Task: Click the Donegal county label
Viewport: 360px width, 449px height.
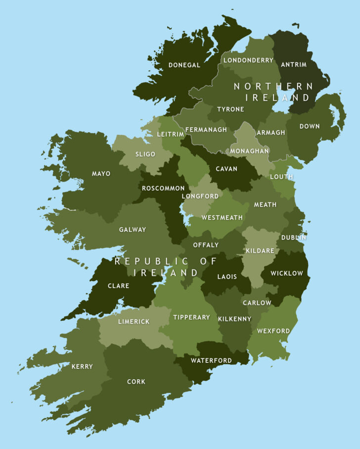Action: tap(184, 65)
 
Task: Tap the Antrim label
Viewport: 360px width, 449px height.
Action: tap(294, 64)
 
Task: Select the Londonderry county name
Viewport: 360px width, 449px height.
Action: tap(248, 60)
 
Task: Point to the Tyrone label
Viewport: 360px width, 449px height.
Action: tap(230, 109)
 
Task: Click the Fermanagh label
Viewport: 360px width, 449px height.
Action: tap(206, 130)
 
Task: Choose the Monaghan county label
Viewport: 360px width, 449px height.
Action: tap(250, 150)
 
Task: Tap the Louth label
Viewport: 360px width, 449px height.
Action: tap(281, 177)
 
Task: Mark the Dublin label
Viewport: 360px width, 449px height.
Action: tap(294, 238)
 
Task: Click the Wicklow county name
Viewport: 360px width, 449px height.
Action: tap(286, 273)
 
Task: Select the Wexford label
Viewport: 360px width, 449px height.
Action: tap(273, 331)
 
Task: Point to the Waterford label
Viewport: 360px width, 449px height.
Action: tap(211, 360)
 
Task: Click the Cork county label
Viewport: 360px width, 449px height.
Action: tap(136, 382)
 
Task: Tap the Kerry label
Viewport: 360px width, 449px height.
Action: tap(82, 366)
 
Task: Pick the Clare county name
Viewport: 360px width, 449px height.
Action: tap(118, 286)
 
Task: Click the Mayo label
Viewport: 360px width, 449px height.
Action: tap(101, 174)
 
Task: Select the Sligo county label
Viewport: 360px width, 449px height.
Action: tap(145, 154)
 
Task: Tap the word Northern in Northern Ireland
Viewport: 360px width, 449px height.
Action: tap(273, 86)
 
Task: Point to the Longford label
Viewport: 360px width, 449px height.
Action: tap(200, 196)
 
